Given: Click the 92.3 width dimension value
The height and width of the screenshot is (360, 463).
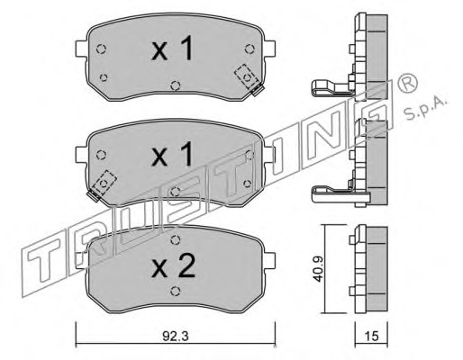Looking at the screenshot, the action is [176, 337].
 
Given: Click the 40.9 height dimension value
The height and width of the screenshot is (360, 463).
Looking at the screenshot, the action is [318, 269].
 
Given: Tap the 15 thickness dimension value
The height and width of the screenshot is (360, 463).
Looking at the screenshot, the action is [372, 337].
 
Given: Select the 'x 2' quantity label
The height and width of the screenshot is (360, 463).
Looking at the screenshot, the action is [174, 265].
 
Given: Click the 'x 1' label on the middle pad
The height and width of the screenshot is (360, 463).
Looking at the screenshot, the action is [172, 154].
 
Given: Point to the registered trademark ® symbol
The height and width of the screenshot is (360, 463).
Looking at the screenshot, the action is [407, 82].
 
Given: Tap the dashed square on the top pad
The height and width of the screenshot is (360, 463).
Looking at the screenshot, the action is [247, 76].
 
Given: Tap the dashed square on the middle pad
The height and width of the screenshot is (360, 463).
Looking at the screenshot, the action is [104, 183].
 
